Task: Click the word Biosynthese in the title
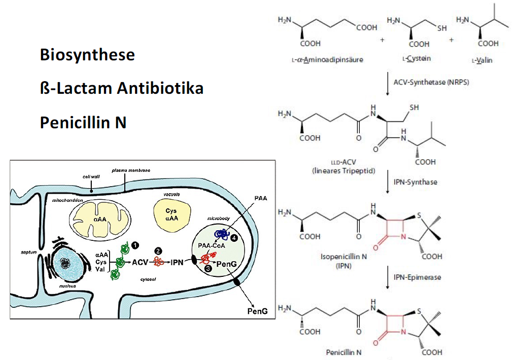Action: click(87, 55)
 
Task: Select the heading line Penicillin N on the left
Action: click(83, 123)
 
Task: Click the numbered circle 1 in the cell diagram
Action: click(135, 244)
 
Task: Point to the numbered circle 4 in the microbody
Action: click(234, 237)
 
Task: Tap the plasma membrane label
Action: click(131, 170)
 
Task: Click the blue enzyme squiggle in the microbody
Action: click(222, 233)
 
